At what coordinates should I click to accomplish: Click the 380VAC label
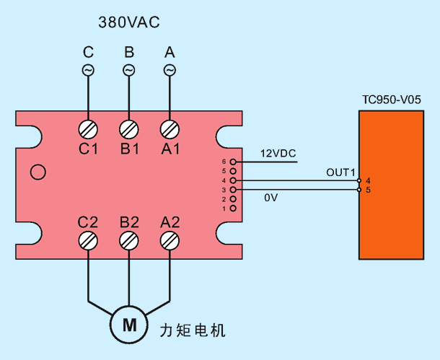129,22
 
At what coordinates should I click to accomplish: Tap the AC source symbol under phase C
88,70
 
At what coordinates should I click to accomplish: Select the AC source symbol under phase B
129,70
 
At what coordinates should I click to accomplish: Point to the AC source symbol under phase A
170,70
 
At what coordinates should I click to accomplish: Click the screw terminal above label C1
88,129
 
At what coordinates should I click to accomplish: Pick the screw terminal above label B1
129,129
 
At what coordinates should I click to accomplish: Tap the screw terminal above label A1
170,129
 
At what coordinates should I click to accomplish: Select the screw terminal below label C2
88,241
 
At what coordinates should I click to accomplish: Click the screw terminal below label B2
129,241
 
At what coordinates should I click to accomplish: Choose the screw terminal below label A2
170,241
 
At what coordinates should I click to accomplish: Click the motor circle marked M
129,325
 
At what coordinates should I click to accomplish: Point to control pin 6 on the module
233,162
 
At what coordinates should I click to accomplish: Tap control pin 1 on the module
233,208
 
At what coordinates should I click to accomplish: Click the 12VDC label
278,154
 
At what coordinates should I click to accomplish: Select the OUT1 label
340,172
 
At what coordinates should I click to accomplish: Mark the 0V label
270,198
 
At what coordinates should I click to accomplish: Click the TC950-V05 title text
392,100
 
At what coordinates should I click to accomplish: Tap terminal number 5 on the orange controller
368,190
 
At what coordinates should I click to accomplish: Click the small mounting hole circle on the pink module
38,172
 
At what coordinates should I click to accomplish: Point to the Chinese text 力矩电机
193,330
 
